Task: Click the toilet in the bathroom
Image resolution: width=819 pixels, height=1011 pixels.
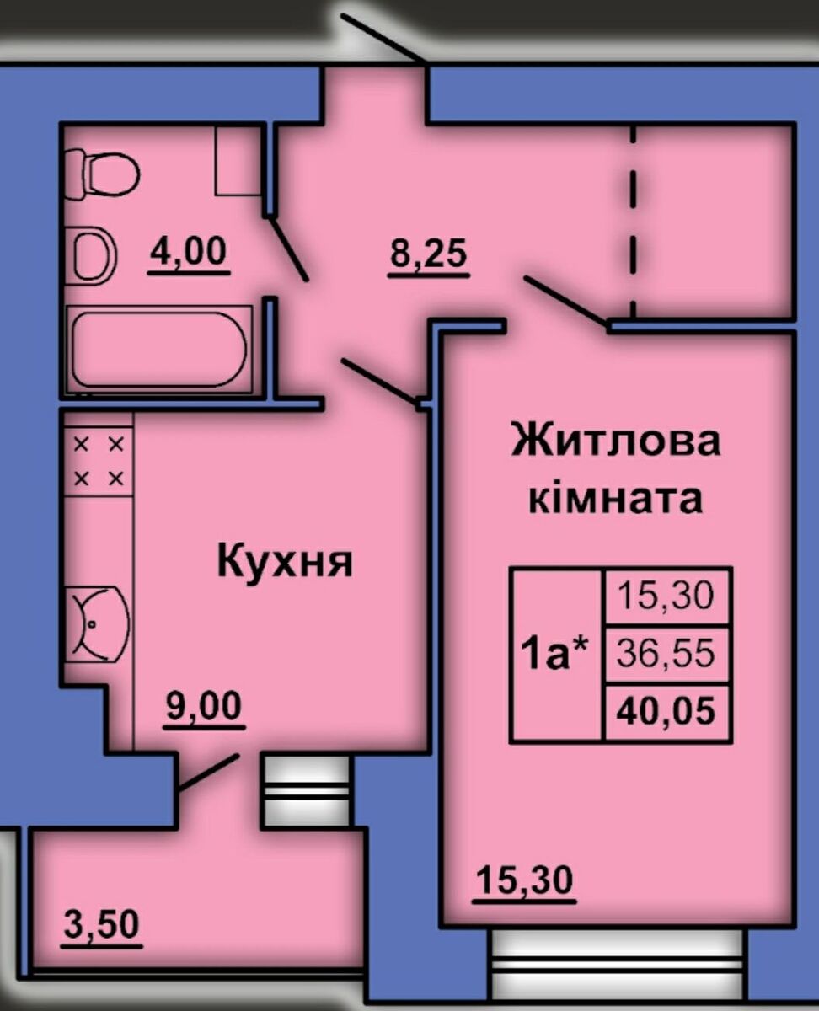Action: click(102, 174)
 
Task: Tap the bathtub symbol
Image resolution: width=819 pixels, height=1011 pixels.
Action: click(158, 350)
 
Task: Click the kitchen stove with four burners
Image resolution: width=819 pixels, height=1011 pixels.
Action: click(99, 462)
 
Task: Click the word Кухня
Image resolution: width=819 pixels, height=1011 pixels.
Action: click(285, 563)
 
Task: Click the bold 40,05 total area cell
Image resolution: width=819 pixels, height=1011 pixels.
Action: click(666, 712)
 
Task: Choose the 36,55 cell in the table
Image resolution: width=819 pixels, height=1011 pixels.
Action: click(666, 654)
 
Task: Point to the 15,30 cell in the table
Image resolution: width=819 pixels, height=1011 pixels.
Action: click(666, 596)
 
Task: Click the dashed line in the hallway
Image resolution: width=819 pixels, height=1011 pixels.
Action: click(633, 222)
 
